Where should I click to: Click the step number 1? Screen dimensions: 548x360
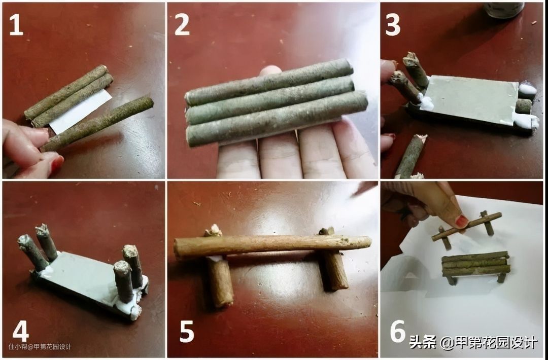click(16, 26)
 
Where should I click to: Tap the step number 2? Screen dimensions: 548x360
click(182, 25)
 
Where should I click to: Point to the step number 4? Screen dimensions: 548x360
click(21, 332)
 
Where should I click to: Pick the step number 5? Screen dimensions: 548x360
click(187, 332)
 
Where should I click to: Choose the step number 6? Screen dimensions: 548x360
click(397, 331)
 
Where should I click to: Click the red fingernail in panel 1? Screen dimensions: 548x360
click(57, 164)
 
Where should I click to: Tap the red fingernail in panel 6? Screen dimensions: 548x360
click(462, 221)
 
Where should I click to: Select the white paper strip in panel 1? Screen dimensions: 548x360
click(81, 112)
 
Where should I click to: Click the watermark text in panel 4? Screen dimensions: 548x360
click(40, 347)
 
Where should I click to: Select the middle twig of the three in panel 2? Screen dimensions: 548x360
click(270, 100)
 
